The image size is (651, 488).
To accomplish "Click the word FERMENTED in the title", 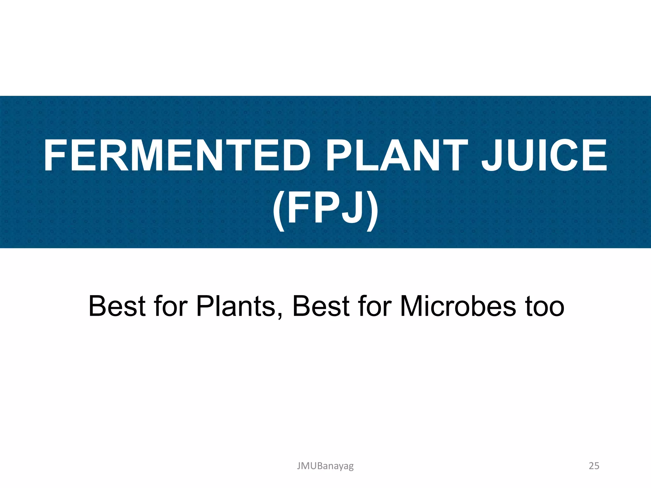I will (x=177, y=156).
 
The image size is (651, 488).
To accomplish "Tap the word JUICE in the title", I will (x=544, y=156).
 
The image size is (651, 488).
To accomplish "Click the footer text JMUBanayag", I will (x=325, y=466).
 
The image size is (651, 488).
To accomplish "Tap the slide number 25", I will (x=594, y=466).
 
